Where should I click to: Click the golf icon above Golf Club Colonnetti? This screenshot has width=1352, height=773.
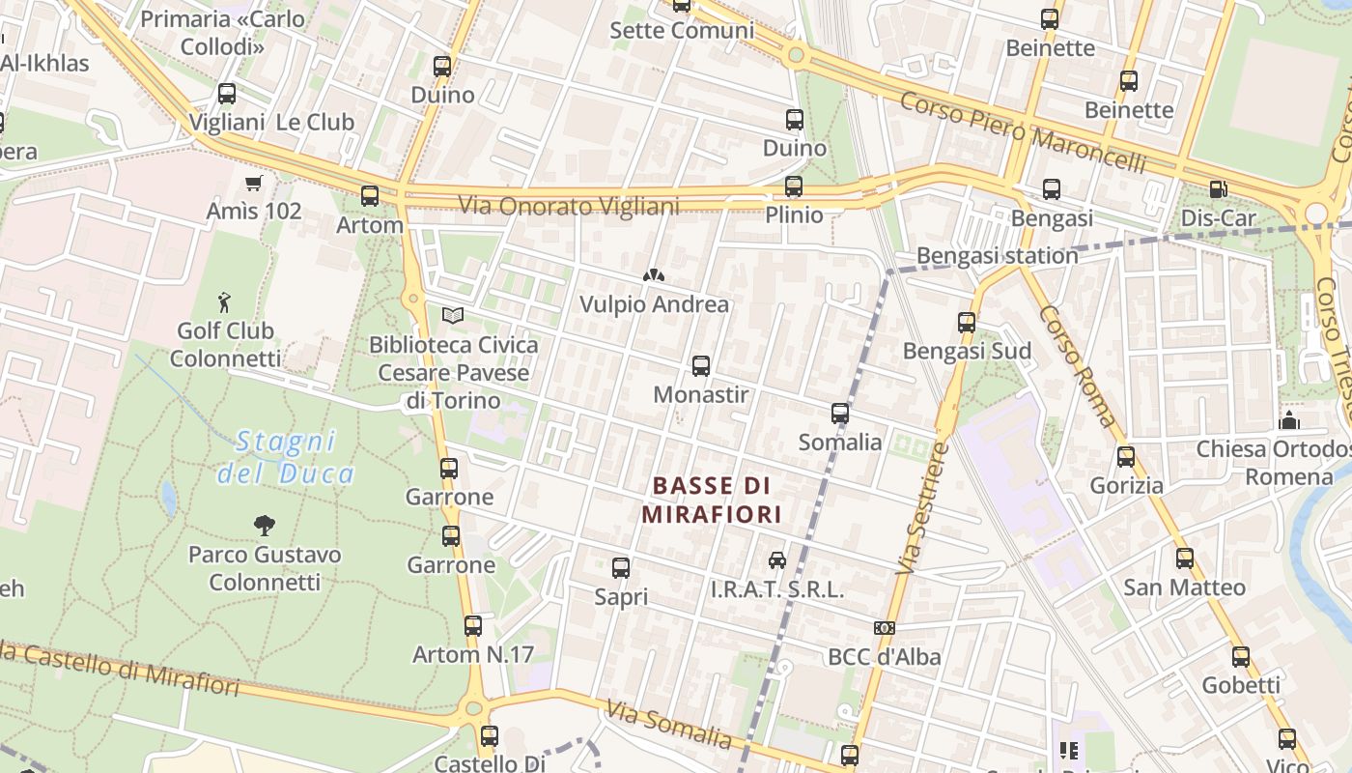(224, 302)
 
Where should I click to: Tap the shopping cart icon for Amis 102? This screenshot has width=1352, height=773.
(254, 184)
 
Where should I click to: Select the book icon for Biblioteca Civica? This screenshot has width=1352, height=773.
(453, 316)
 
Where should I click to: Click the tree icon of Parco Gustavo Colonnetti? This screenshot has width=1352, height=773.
(264, 526)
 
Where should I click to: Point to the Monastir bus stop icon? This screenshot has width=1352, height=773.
(701, 366)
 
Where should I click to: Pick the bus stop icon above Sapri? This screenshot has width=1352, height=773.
(621, 568)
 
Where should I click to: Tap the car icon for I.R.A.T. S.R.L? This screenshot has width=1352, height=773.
(776, 559)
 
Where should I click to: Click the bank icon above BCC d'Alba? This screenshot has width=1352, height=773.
(884, 628)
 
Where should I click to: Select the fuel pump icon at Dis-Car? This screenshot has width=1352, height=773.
(1218, 189)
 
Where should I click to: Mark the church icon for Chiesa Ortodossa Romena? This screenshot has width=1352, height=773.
(1288, 420)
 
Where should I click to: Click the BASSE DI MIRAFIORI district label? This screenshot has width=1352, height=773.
(712, 500)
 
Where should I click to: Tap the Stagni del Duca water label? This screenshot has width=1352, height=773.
(286, 457)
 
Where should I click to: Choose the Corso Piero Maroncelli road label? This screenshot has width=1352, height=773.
(1023, 132)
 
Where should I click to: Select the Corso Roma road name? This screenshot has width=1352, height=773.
(1078, 367)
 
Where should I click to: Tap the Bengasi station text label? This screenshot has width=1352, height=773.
(997, 256)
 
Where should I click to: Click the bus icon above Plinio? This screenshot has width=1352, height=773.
(794, 186)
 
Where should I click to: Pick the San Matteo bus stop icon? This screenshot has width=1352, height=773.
(1184, 558)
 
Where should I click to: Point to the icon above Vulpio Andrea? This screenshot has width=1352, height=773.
(654, 276)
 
